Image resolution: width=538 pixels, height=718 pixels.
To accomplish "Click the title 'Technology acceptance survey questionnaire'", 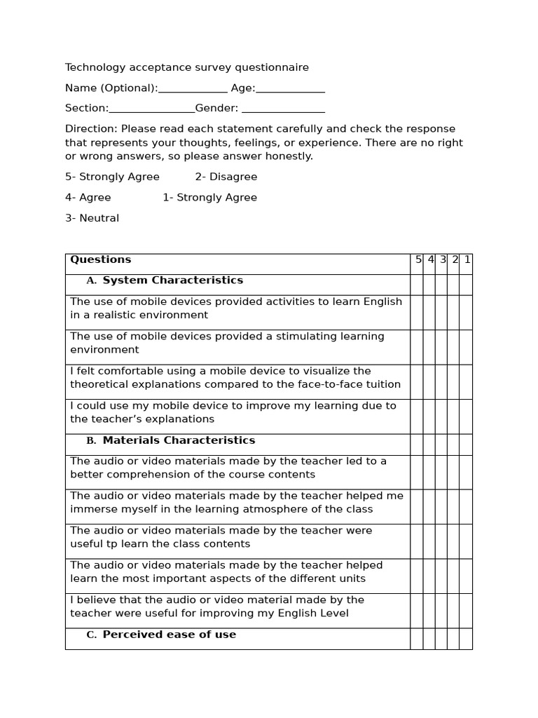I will point(186,68).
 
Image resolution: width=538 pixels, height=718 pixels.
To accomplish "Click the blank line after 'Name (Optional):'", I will point(193,89).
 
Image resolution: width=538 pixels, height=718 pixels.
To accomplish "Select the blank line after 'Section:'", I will point(152,109).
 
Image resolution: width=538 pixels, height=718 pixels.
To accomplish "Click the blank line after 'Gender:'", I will point(283,109).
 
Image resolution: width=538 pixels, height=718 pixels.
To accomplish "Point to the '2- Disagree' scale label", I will point(226,177).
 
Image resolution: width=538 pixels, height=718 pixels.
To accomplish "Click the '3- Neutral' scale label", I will point(92,218).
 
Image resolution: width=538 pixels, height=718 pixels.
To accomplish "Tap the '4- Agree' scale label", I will point(88,198).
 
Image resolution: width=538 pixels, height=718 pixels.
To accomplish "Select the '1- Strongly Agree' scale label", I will point(209,198).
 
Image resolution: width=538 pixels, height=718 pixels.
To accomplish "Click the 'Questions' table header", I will point(100,259).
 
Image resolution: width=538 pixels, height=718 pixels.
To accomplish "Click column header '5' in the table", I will point(418,259).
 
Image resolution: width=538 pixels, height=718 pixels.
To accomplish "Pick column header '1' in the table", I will point(467,259).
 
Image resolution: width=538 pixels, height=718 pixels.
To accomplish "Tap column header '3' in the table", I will point(443,259).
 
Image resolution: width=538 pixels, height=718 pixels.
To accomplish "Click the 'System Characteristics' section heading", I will point(172,280).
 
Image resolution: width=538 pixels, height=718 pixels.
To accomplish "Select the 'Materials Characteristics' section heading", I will point(179,440).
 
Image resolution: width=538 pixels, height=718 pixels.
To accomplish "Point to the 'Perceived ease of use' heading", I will point(169,635).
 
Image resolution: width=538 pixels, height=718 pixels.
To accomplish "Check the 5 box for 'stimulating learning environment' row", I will point(417,347).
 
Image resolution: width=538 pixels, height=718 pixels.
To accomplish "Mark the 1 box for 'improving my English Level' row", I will point(466,611).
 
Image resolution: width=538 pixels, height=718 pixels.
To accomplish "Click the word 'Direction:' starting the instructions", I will point(91,129).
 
